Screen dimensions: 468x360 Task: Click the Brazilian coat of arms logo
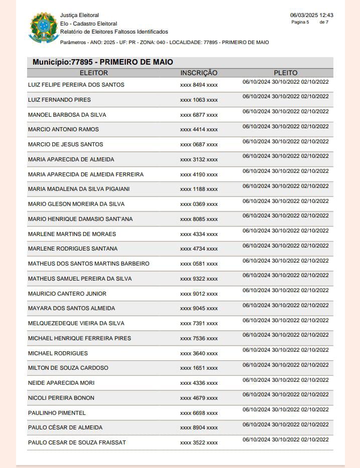click(x=44, y=28)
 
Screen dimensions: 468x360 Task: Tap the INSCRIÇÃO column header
click(x=199, y=73)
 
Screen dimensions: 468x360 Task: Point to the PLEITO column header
click(x=285, y=73)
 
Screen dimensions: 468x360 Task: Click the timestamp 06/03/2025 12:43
click(x=311, y=15)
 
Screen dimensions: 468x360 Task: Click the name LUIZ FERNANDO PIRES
click(x=59, y=100)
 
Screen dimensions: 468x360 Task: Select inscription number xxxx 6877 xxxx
click(x=199, y=115)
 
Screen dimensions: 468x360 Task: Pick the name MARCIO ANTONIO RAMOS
click(x=63, y=129)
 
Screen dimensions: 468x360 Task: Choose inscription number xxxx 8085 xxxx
click(x=199, y=219)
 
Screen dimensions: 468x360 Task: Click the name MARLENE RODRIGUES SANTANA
click(x=73, y=249)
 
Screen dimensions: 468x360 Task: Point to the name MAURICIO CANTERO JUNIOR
click(x=67, y=294)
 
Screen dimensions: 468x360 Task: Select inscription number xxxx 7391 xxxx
click(x=199, y=323)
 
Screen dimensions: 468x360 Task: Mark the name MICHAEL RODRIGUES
click(x=58, y=353)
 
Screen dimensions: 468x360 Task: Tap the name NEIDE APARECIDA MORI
click(x=61, y=383)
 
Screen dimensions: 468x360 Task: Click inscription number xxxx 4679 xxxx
click(x=199, y=398)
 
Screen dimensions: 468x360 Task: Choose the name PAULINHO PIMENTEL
click(x=57, y=413)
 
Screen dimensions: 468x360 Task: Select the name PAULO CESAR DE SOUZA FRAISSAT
click(x=77, y=442)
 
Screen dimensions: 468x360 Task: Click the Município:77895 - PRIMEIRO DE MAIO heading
click(x=103, y=62)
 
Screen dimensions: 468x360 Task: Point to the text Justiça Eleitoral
click(x=79, y=16)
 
